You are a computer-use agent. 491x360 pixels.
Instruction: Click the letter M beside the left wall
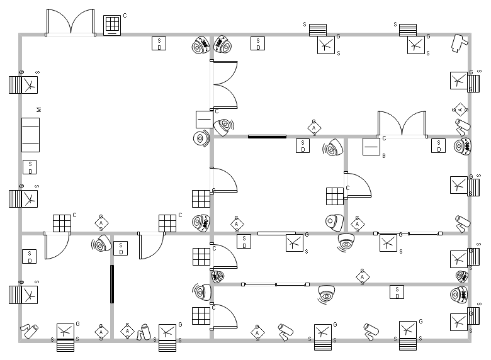tap(39, 110)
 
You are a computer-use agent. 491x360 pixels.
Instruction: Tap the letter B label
tap(383, 155)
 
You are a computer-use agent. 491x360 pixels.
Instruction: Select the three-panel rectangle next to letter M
tap(30, 134)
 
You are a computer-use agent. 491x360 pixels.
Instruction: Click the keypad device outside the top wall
tap(112, 25)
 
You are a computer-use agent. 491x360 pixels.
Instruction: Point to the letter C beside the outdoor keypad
tap(125, 15)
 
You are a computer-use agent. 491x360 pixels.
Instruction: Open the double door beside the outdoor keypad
tap(71, 23)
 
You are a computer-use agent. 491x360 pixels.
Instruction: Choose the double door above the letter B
tap(402, 123)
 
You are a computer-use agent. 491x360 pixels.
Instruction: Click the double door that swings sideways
tap(224, 86)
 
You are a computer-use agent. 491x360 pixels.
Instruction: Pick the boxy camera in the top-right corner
tap(459, 42)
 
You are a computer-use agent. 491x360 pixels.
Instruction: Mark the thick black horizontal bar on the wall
tap(267, 136)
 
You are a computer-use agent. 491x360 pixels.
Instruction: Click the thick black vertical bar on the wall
tap(112, 284)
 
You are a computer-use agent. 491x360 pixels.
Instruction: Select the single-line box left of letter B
tap(371, 147)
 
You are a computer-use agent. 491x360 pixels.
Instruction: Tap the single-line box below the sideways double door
tap(204, 119)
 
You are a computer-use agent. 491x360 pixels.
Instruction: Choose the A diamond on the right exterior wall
tap(461, 110)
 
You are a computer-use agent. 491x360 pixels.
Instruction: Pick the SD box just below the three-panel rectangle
tap(30, 167)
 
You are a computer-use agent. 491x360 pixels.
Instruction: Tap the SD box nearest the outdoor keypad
tap(159, 43)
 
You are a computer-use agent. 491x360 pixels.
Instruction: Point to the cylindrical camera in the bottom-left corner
tap(29, 330)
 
